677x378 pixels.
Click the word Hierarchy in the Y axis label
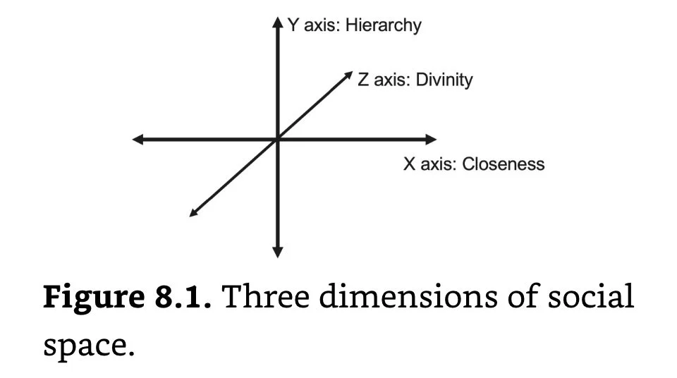[383, 26]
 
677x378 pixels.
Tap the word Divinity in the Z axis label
[444, 80]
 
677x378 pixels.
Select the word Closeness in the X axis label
[504, 164]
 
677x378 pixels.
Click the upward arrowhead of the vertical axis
[277, 23]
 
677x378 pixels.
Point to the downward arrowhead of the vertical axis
[277, 251]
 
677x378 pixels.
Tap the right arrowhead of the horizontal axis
[431, 140]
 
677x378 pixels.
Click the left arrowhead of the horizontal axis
[138, 140]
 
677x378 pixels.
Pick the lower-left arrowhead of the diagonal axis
[194, 213]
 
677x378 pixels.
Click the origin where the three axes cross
[277, 140]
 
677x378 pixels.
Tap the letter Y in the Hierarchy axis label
[293, 26]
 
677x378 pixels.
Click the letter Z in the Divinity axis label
[363, 80]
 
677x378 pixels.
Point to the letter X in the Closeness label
[409, 164]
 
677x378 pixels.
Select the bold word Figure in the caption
[87, 298]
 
